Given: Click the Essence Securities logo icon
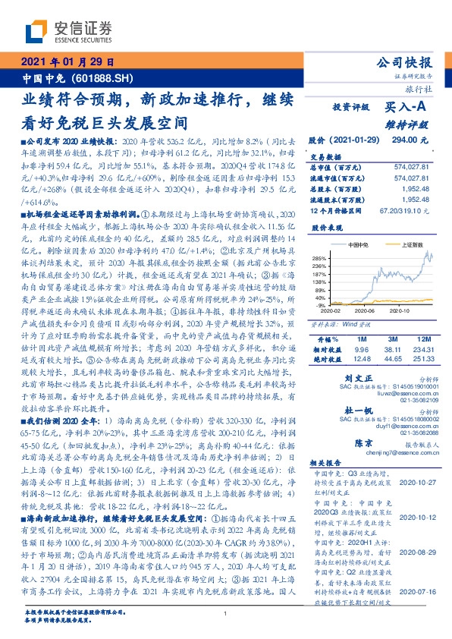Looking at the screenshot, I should click(36, 31).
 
